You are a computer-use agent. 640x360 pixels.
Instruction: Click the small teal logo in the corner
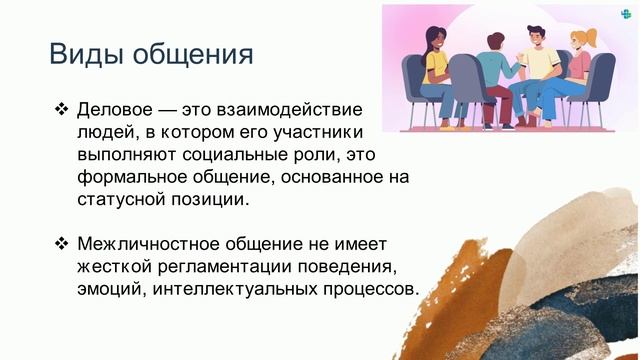(x=626, y=14)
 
